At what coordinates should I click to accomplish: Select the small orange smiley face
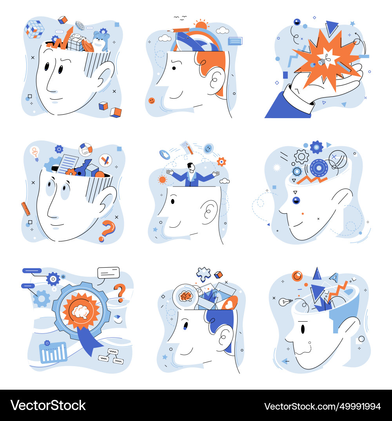pyautogui.click(x=152, y=101)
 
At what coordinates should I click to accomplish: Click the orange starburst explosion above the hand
pyautogui.click(x=323, y=59)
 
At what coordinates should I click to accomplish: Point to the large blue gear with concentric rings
pyautogui.click(x=319, y=168)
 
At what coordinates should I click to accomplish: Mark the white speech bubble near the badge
pyautogui.click(x=108, y=273)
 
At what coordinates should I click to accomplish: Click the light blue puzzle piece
pyautogui.click(x=203, y=274)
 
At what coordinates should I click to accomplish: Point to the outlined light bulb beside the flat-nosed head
pyautogui.click(x=285, y=302)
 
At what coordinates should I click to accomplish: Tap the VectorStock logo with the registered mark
pyautogui.click(x=48, y=405)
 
